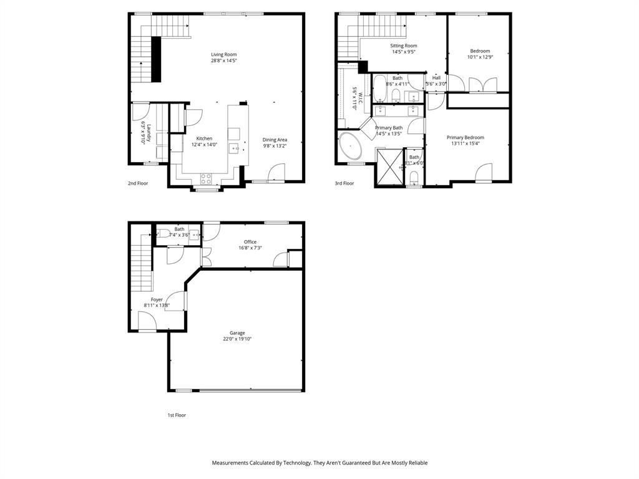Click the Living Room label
click(x=223, y=54)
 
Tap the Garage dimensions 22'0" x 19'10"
click(x=237, y=339)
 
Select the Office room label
click(x=250, y=242)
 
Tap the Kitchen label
click(x=204, y=138)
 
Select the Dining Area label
click(x=275, y=140)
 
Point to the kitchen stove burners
click(x=207, y=178)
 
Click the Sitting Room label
click(x=404, y=46)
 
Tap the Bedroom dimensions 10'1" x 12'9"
click(x=480, y=57)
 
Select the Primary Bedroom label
click(x=465, y=137)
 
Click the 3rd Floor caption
click(x=344, y=183)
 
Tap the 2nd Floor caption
click(x=138, y=183)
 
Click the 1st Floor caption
click(x=177, y=415)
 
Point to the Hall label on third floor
click(x=436, y=78)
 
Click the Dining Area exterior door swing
click(x=276, y=172)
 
